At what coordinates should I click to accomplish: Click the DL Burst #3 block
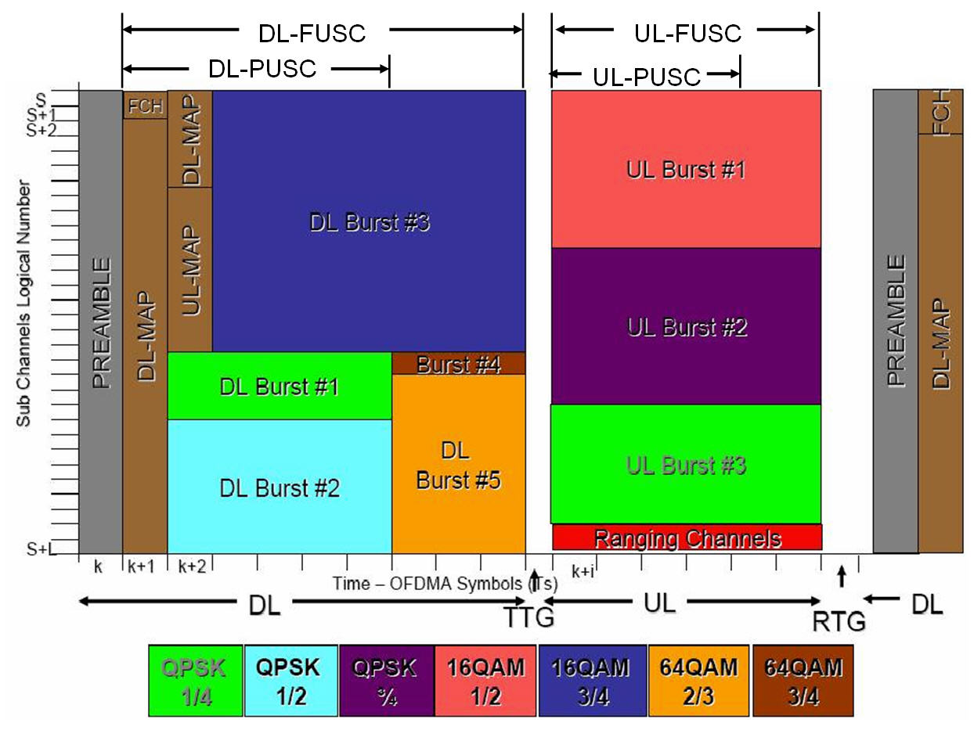pyautogui.click(x=369, y=221)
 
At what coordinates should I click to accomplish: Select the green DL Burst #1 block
pyautogui.click(x=279, y=386)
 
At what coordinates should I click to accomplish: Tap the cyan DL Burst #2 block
pyautogui.click(x=279, y=487)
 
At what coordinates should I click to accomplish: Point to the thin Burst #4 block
pyautogui.click(x=459, y=364)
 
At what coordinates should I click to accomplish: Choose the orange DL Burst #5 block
pyautogui.click(x=459, y=465)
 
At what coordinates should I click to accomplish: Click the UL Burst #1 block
pyautogui.click(x=686, y=170)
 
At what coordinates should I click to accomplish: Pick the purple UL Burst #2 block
pyautogui.click(x=686, y=325)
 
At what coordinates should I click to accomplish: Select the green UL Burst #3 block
pyautogui.click(x=686, y=464)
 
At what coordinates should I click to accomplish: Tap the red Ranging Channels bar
pyautogui.click(x=687, y=538)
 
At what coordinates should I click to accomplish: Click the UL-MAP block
pyautogui.click(x=190, y=269)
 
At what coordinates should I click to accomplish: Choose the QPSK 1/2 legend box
pyautogui.click(x=291, y=680)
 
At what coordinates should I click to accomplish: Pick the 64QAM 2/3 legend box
pyautogui.click(x=698, y=680)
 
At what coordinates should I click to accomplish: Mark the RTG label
pyautogui.click(x=839, y=622)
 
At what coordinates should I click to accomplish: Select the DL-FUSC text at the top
pyautogui.click(x=312, y=33)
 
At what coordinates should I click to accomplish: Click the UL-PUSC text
pyautogui.click(x=647, y=77)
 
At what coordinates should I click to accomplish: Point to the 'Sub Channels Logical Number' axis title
pyautogui.click(x=24, y=304)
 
